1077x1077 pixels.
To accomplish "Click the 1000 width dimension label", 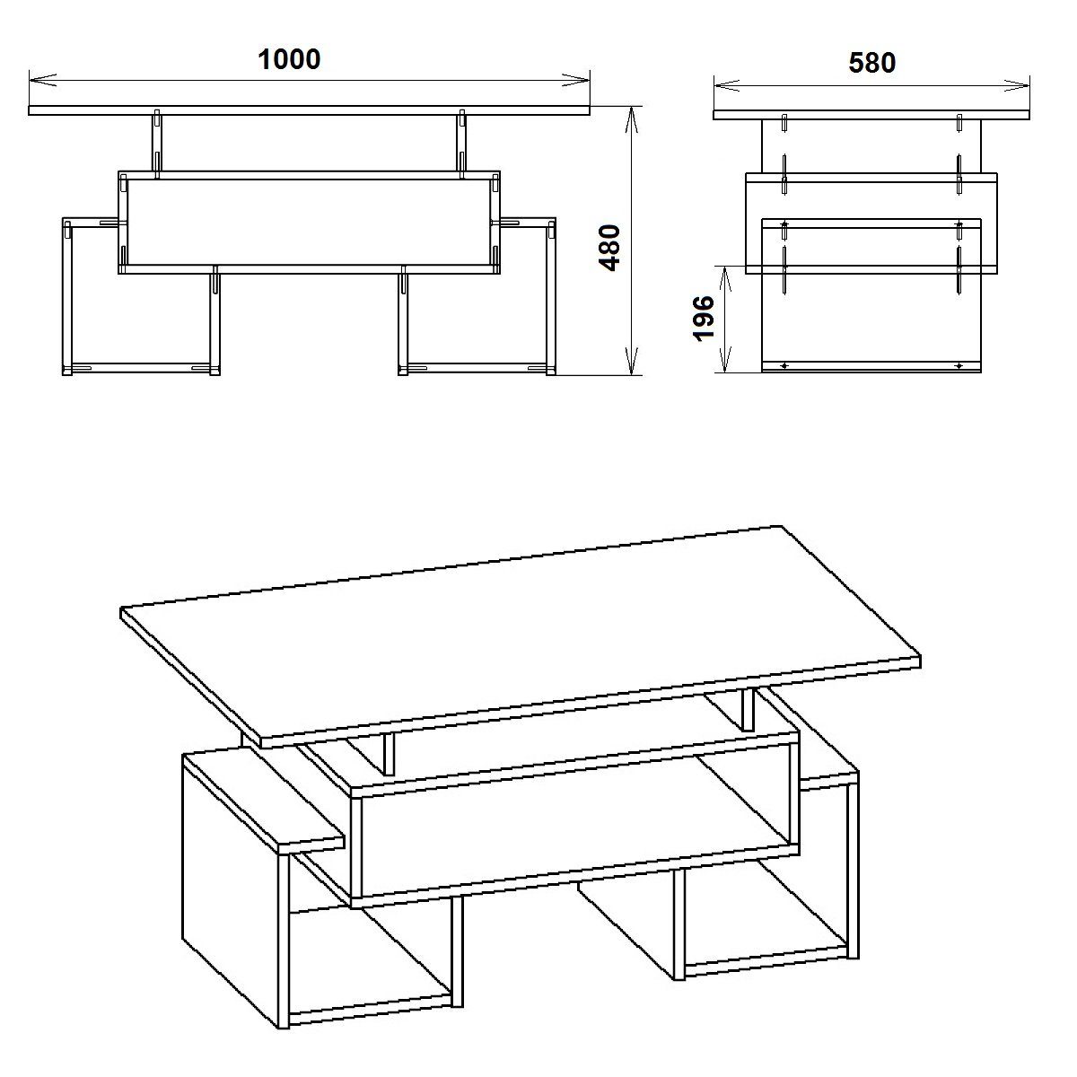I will pos(289,59).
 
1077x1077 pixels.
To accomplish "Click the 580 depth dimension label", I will pos(871,64).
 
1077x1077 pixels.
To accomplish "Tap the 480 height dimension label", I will pos(610,248).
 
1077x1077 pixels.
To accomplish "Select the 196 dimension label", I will pos(705,319).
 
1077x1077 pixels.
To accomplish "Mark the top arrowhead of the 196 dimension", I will pos(726,272).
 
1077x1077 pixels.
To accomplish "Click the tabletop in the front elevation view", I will pos(310,111).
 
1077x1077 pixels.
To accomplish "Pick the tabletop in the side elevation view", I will pos(871,115).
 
